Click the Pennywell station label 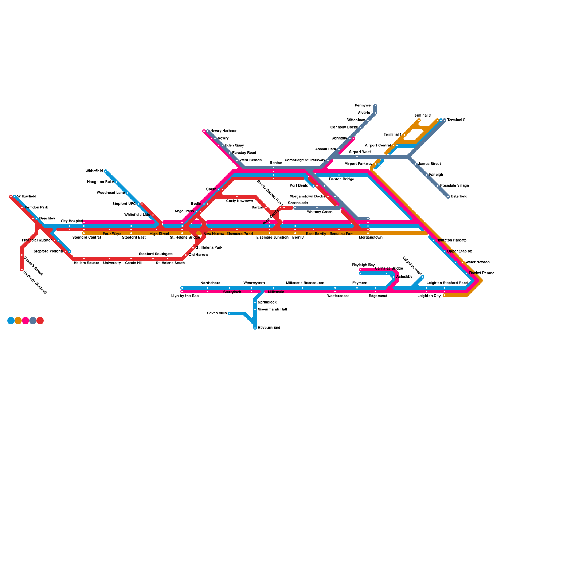click(x=363, y=106)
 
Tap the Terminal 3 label click(x=422, y=116)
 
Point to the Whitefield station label click(x=94, y=171)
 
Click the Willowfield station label click(x=27, y=197)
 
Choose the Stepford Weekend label click(x=35, y=282)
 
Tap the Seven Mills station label click(x=217, y=313)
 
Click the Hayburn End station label click(x=269, y=328)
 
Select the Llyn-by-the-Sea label click(x=185, y=296)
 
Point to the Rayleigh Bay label click(x=363, y=265)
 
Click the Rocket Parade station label click(x=482, y=273)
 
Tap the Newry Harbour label click(x=223, y=131)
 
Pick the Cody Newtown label click(x=239, y=201)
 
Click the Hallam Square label click(x=86, y=263)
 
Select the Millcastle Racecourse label click(x=305, y=283)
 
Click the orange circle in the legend click(x=18, y=321)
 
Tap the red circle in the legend click(x=40, y=321)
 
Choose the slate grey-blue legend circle click(x=33, y=321)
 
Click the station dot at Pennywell click(x=375, y=106)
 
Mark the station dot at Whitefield click(x=106, y=171)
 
